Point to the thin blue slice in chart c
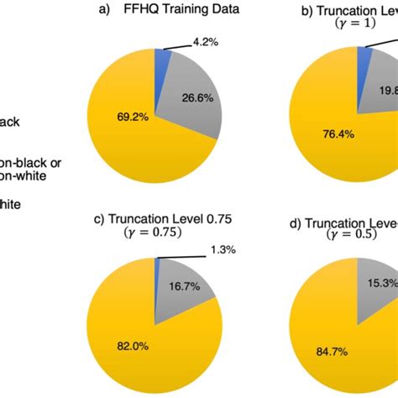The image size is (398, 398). (157, 265)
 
